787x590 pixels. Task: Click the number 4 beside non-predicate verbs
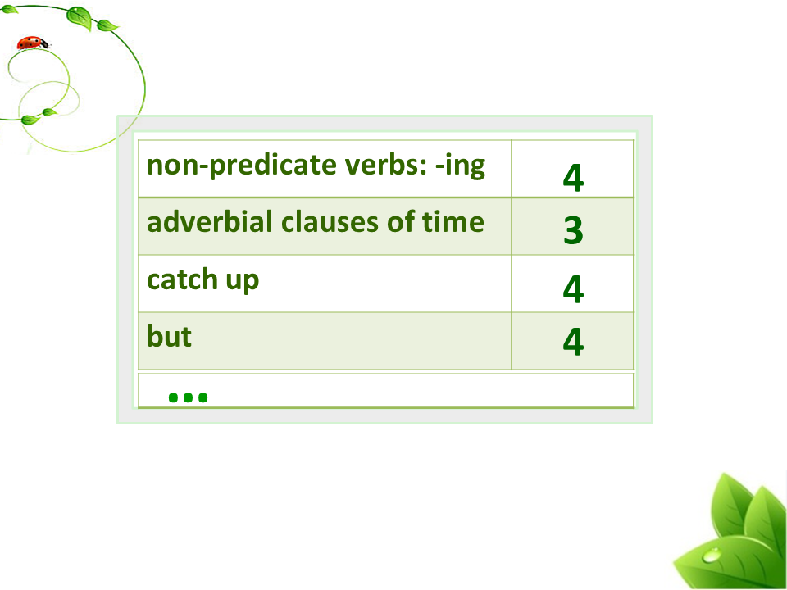[x=573, y=178]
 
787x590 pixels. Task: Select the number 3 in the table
[x=573, y=231]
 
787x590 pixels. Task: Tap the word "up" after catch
[x=243, y=282]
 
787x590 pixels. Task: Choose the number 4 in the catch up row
[x=573, y=289]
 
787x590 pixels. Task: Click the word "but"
[x=169, y=336]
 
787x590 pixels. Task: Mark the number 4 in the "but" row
[x=573, y=342]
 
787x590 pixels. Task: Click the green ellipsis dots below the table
[x=189, y=398]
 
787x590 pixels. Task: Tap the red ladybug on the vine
[x=33, y=43]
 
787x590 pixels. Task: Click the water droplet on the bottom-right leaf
[x=711, y=556]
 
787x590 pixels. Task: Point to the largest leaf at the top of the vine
[x=80, y=17]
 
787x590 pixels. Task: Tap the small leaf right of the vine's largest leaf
[x=107, y=25]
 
